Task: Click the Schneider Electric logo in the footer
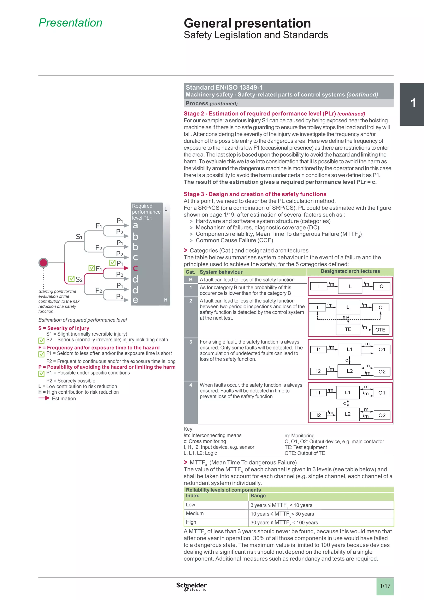[x=191, y=586]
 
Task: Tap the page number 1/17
[x=385, y=586]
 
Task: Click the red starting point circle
[x=43, y=262]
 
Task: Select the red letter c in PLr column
[x=135, y=268]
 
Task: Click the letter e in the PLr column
[x=135, y=300]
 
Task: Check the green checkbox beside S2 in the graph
[x=71, y=279]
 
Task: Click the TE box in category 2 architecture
[x=348, y=329]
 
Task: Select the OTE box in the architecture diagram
[x=380, y=330]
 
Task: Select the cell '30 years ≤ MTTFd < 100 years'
[x=284, y=522]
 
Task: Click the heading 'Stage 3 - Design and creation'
[x=255, y=194]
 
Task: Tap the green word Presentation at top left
[x=71, y=23]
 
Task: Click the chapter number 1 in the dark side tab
[x=413, y=103]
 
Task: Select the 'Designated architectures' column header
[x=350, y=271]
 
